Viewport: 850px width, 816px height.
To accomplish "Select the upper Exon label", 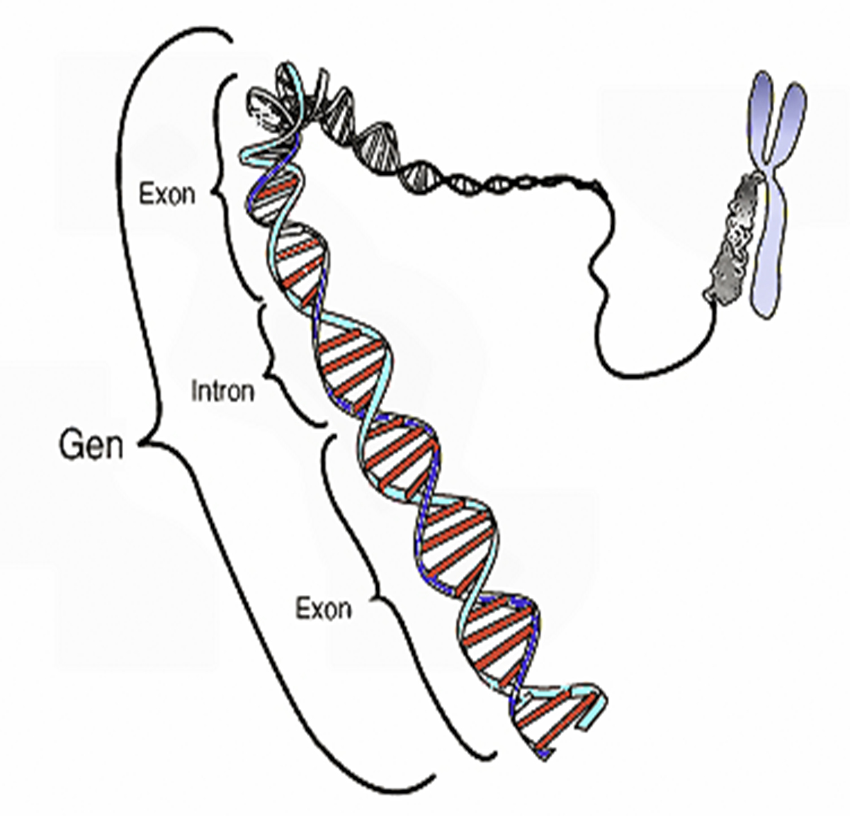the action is pos(167,194).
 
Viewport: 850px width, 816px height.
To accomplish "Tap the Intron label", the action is pos(222,391).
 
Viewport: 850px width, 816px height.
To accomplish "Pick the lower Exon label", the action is pos(324,609).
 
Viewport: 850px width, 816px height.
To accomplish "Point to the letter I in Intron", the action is pos(194,391).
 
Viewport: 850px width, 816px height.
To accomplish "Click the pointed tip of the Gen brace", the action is pos(140,444).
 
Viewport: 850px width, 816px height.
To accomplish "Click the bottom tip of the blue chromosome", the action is pos(766,316).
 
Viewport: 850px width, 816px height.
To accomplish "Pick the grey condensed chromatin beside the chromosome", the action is pos(734,238).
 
